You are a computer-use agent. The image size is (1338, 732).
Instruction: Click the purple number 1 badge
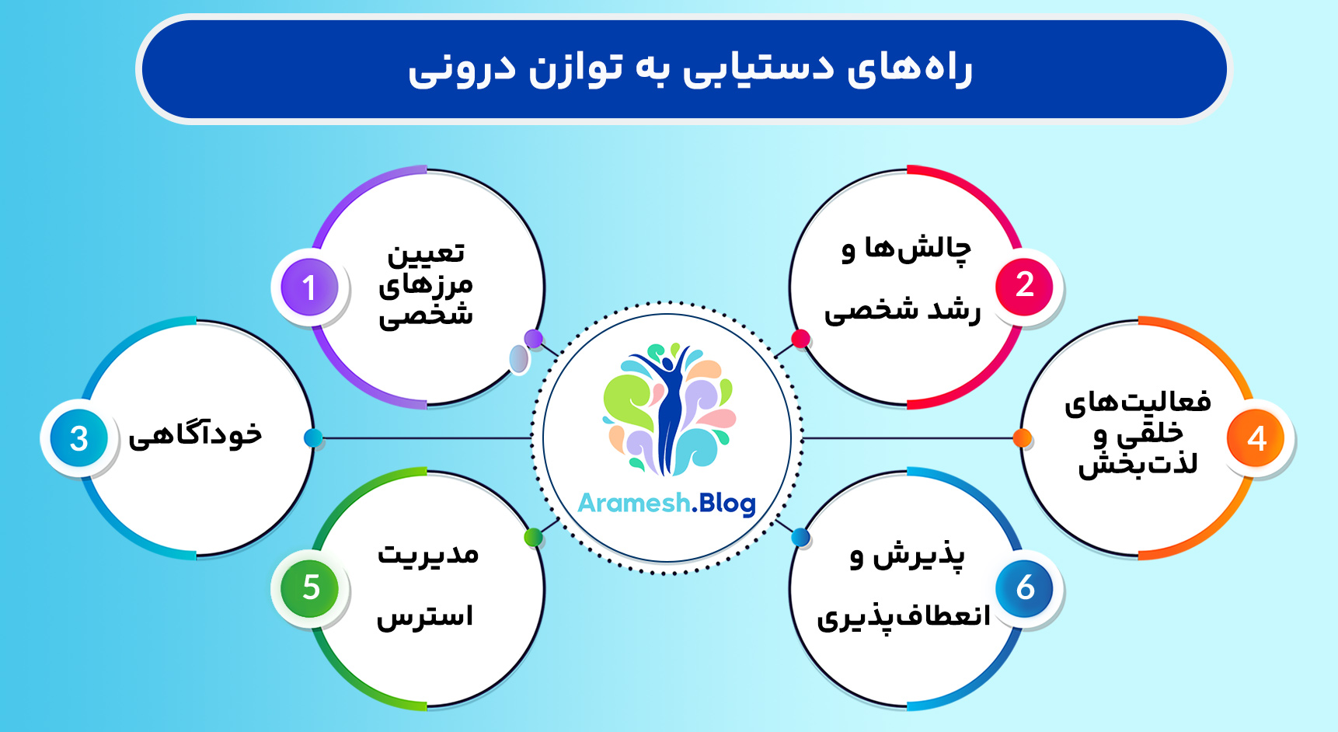(309, 288)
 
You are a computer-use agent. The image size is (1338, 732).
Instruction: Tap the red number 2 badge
(1024, 285)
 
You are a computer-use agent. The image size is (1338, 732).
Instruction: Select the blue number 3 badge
(78, 438)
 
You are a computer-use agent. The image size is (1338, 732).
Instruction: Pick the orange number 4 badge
(1256, 438)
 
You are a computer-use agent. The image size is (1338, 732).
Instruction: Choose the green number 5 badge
(310, 588)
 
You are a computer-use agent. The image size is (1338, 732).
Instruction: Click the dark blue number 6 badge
(1025, 588)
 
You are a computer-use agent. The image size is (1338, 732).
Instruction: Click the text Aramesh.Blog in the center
(667, 504)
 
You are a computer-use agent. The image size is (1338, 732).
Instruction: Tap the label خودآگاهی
(195, 435)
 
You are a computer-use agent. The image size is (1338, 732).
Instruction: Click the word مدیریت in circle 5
(427, 554)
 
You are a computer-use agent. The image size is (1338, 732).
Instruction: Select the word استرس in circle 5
(425, 617)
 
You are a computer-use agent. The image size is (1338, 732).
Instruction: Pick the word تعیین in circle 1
(426, 253)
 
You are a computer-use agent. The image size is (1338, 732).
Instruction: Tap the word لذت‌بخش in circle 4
(1138, 465)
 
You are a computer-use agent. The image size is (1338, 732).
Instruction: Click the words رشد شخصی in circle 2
(902, 311)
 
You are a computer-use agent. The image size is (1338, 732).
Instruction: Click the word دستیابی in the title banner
(758, 68)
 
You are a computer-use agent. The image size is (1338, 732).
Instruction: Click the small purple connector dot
(533, 339)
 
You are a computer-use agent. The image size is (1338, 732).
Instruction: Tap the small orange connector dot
(1023, 438)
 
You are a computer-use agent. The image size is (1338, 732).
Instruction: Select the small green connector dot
(533, 537)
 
